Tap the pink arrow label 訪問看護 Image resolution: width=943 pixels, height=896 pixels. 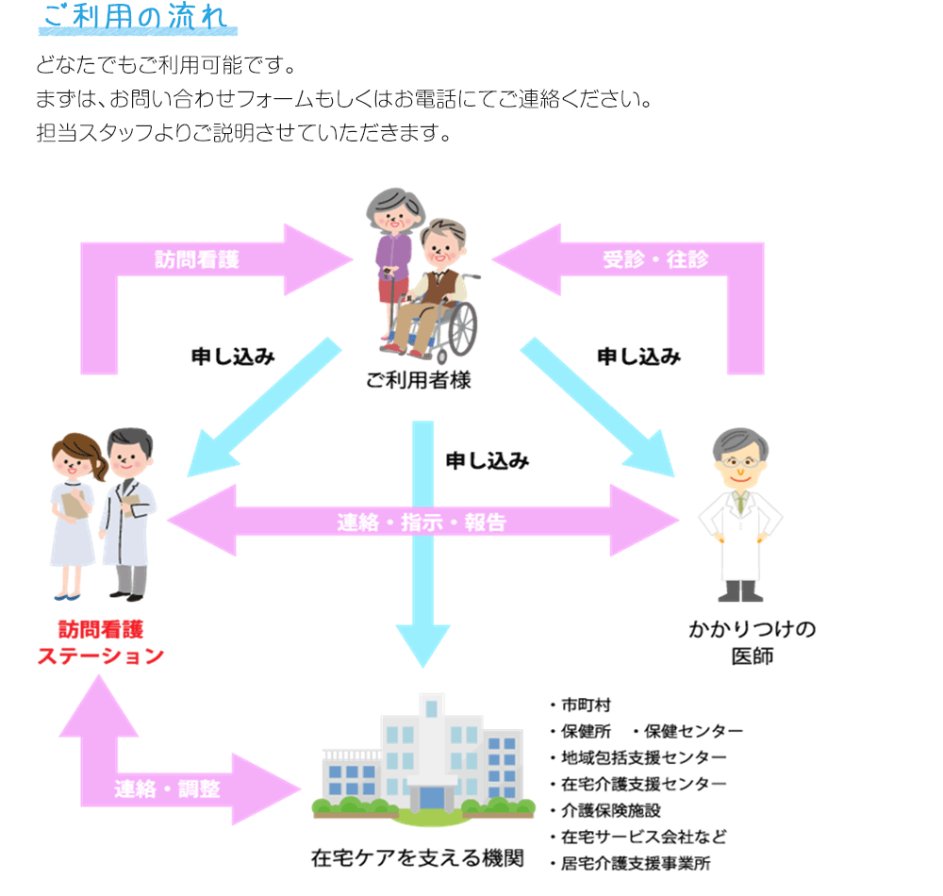(x=197, y=259)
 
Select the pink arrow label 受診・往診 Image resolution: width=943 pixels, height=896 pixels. (x=655, y=259)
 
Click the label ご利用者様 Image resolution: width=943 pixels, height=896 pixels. (x=419, y=381)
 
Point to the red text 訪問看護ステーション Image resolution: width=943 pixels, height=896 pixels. (x=101, y=642)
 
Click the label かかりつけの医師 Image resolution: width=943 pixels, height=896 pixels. (x=752, y=642)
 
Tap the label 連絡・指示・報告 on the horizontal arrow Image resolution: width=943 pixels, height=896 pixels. (x=422, y=522)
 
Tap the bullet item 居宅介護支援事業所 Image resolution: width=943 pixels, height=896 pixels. (x=636, y=863)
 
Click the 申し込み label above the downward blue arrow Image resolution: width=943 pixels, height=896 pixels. (x=487, y=461)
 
